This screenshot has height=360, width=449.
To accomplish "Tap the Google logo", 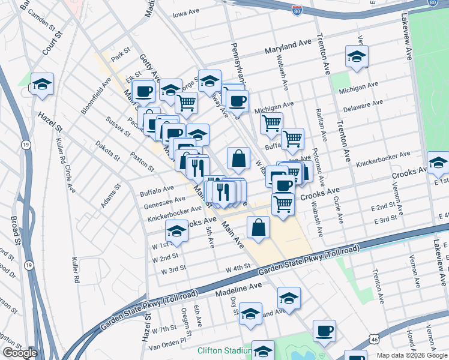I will click(19, 353).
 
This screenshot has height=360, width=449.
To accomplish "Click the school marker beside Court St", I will click(42, 83).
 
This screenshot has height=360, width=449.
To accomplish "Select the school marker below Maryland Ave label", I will click(357, 57).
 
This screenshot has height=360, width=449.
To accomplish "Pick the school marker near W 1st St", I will click(176, 230).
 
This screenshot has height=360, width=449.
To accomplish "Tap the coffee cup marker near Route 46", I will click(325, 331).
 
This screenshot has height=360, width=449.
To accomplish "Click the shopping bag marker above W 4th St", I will click(258, 227).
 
